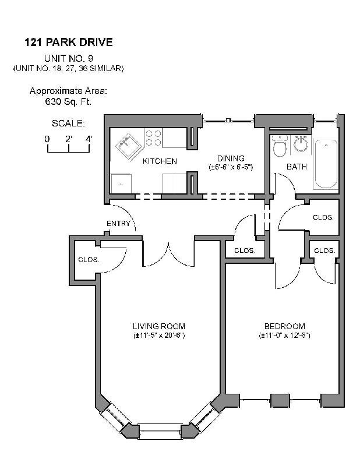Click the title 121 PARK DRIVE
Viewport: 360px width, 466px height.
pyautogui.click(x=68, y=42)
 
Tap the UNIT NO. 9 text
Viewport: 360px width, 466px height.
pyautogui.click(x=68, y=58)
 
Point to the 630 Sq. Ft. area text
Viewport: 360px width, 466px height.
pyautogui.click(x=68, y=101)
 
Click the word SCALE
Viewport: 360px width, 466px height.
pyautogui.click(x=68, y=123)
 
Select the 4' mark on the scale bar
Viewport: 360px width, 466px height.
pyautogui.click(x=89, y=139)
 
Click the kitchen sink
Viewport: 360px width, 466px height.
pyautogui.click(x=129, y=144)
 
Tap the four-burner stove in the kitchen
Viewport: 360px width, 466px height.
pyautogui.click(x=153, y=137)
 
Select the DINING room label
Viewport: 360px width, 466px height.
pyautogui.click(x=231, y=158)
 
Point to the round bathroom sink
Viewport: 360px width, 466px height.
pyautogui.click(x=301, y=143)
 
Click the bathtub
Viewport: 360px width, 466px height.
pyautogui.click(x=326, y=163)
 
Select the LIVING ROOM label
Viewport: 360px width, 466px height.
pyautogui.click(x=158, y=326)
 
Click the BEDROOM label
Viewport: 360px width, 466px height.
pyautogui.click(x=284, y=326)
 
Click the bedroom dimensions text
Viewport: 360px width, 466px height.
pyautogui.click(x=284, y=336)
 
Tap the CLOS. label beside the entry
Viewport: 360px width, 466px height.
pyautogui.click(x=89, y=260)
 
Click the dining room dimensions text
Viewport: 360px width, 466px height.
pyautogui.click(x=231, y=167)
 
